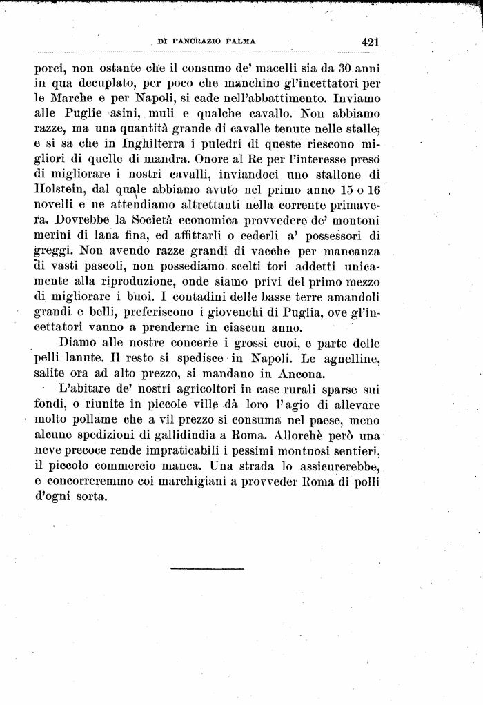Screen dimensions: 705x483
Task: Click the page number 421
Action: pos(370,41)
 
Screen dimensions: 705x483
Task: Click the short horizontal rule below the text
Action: pos(197,568)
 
